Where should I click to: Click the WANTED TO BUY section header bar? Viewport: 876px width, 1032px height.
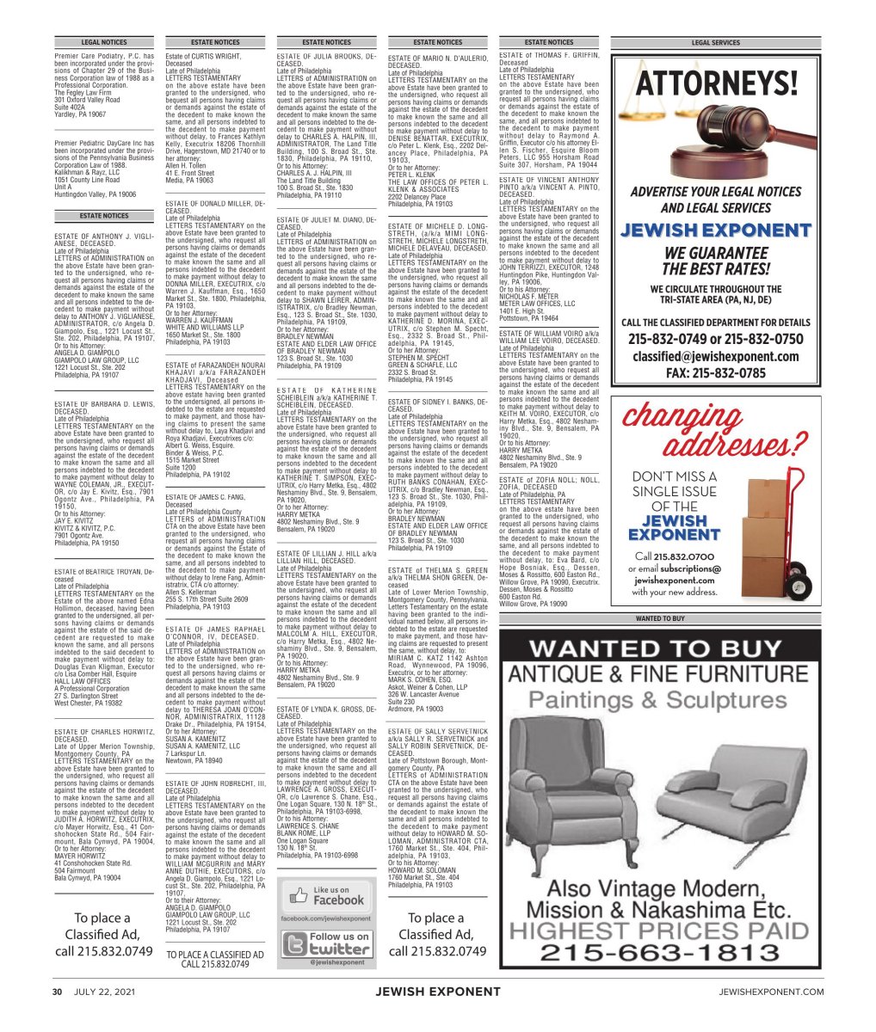point(715,618)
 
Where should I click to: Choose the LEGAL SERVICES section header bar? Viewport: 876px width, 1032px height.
point(715,42)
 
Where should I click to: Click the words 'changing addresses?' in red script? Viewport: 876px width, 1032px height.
point(715,431)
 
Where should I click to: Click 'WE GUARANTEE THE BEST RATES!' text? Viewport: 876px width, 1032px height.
point(715,261)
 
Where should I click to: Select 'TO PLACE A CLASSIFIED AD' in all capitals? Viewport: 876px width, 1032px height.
point(215,955)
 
